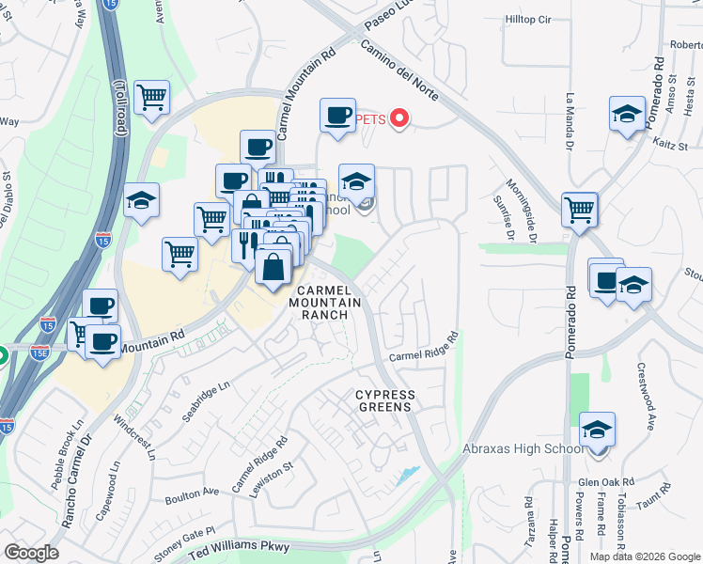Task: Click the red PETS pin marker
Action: coord(399,118)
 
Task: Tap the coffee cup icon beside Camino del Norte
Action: coord(336,116)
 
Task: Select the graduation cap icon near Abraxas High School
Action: coord(597,429)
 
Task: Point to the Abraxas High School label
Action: coord(523,449)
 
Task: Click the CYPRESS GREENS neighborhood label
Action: coord(383,400)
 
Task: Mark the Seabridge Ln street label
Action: coord(205,402)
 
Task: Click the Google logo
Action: coord(31,552)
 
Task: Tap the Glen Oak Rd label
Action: coord(607,481)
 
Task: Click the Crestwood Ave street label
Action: coord(645,397)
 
